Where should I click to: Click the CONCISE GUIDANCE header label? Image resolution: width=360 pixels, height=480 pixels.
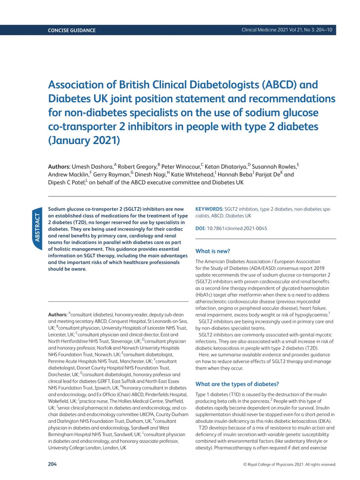pos(72,30)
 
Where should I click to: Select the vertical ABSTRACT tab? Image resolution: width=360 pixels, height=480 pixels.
pos(37,227)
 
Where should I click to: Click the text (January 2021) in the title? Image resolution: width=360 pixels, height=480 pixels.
pos(84,140)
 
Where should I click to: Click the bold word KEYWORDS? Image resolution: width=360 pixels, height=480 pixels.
pos(209,209)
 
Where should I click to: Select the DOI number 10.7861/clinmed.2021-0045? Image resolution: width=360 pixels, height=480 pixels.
pos(237,228)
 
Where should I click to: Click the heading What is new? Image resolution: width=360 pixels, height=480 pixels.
pos(212,251)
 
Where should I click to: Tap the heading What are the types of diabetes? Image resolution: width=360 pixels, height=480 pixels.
pos(237,384)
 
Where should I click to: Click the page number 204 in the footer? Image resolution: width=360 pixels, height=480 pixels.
pos(53,464)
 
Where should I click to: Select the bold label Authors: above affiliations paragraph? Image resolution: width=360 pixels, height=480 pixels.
pos(58,314)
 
